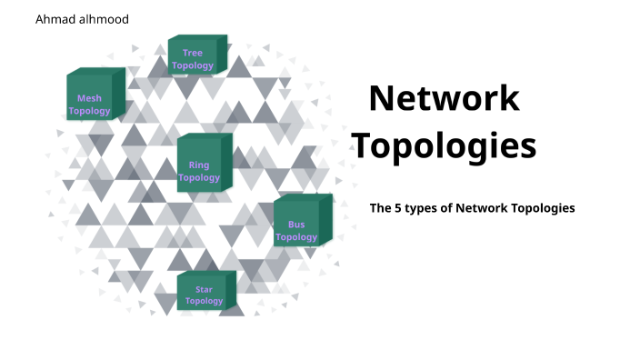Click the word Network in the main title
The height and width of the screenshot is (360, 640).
pos(445,97)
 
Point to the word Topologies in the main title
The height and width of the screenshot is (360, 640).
pos(444,145)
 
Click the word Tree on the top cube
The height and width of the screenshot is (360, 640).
pos(193,53)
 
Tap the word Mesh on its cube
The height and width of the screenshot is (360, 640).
pos(89,98)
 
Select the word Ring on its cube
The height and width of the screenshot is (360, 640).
pos(199,165)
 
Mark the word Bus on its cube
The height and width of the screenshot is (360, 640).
pos(296,225)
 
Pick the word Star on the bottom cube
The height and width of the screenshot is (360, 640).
pos(204,289)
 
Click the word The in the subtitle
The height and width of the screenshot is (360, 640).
pos(380,208)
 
